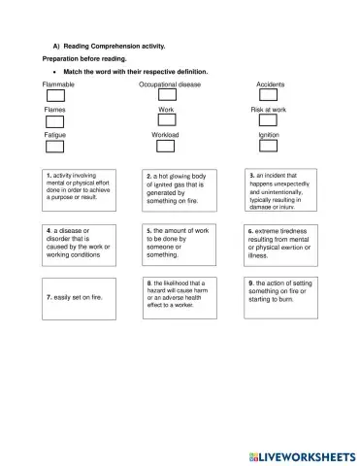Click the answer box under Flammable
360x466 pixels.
pos(55,96)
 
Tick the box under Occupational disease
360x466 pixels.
pos(168,96)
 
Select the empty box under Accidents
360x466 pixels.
pos(270,96)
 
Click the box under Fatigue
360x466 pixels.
pos(55,147)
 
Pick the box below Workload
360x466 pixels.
pos(165,147)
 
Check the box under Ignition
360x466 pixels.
pos(269,147)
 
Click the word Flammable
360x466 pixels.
pos(59,84)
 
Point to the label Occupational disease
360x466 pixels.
pos(170,84)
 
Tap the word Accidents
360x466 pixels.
pos(270,84)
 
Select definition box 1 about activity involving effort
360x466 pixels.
pos(78,190)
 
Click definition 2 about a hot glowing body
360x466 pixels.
pos(177,190)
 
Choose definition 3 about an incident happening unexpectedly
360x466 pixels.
pos(279,190)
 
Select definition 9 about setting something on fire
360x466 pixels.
pos(279,292)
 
